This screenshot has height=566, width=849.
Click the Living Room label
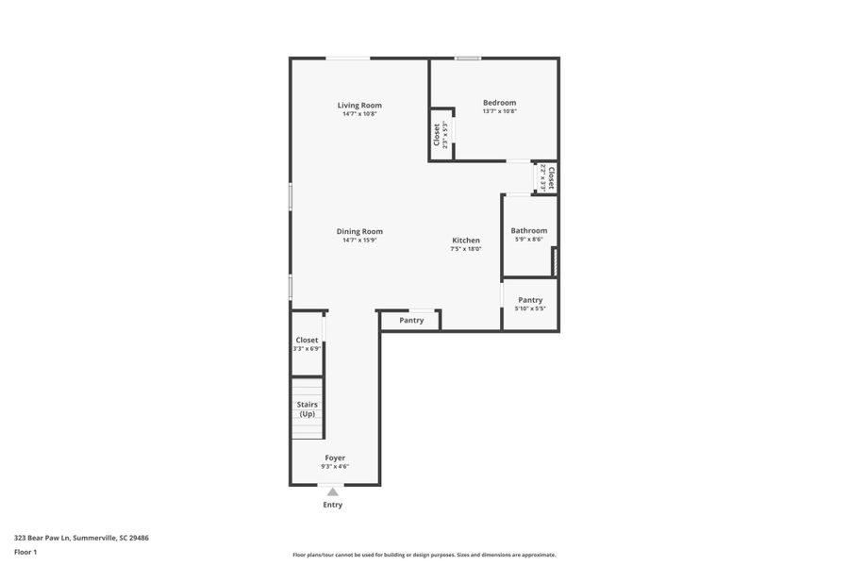click(359, 105)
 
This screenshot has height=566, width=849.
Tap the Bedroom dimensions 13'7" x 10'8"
click(499, 111)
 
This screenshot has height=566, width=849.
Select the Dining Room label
click(359, 231)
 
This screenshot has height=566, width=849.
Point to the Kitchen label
click(465, 241)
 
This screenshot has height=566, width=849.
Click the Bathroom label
click(528, 230)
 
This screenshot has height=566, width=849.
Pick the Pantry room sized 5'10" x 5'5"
click(530, 304)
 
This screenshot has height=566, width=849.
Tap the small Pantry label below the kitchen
click(411, 320)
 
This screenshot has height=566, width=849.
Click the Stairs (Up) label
click(307, 408)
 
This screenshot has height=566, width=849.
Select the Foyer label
click(335, 458)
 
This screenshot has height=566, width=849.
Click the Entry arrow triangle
click(332, 491)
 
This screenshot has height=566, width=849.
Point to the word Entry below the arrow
click(332, 505)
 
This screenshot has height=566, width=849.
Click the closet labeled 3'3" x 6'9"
click(307, 344)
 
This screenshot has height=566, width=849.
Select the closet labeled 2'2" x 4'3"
click(548, 177)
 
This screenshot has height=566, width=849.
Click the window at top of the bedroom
click(468, 58)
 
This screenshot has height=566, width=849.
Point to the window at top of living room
click(348, 58)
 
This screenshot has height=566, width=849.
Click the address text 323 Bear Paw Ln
click(81, 538)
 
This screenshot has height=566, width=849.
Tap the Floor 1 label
click(25, 552)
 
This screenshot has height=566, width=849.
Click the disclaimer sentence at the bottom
click(424, 555)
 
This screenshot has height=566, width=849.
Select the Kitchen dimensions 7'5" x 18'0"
click(465, 249)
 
